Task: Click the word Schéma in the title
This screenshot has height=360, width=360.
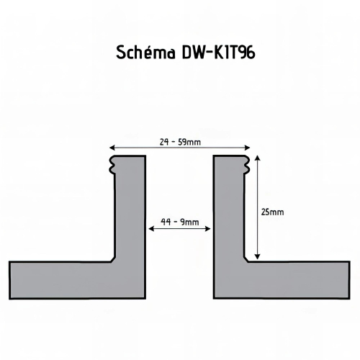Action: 146,52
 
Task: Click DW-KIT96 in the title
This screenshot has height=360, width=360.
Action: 218,53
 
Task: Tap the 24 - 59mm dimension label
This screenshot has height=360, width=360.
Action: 180,142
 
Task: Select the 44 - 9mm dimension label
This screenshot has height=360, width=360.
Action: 180,222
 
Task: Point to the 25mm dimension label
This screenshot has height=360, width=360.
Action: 272,212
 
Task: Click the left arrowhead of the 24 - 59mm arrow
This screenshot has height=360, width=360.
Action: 112,148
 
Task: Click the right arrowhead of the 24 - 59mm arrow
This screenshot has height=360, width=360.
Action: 248,148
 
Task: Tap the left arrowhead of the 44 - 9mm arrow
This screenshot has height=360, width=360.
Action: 151,229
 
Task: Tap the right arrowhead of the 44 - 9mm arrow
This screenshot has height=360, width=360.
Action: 208,229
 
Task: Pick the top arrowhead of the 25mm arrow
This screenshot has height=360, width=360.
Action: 257,158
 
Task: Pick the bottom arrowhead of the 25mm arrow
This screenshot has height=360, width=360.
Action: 257,257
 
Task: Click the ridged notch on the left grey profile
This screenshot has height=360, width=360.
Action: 112,164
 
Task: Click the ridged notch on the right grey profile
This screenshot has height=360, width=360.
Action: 247,164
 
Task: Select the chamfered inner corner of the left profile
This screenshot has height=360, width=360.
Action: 112,259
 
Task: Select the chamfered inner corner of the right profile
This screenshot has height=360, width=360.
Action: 246,259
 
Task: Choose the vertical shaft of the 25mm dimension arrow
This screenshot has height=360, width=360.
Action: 257,207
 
